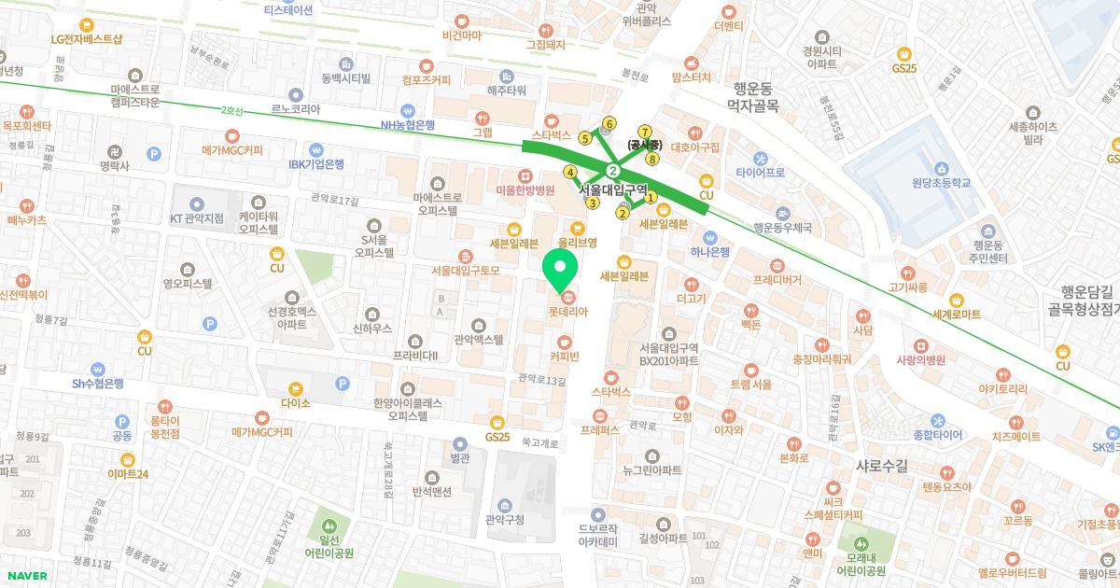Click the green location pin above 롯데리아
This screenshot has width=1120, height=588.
559,270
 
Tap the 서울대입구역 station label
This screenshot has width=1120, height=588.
613,189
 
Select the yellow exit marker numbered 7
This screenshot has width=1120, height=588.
644,132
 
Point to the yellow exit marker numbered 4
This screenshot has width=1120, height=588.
570,172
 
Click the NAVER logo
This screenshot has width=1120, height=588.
25,576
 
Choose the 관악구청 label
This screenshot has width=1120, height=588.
507,521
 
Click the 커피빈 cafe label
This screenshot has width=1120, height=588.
565,356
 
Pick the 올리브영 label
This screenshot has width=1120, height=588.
577,241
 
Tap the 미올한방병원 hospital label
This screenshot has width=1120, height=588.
525,189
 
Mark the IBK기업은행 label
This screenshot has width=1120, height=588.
315,163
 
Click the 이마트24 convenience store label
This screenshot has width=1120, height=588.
128,473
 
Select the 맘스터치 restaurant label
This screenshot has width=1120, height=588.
691,77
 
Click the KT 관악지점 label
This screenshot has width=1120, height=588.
196,218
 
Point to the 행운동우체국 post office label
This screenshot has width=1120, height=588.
782,227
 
